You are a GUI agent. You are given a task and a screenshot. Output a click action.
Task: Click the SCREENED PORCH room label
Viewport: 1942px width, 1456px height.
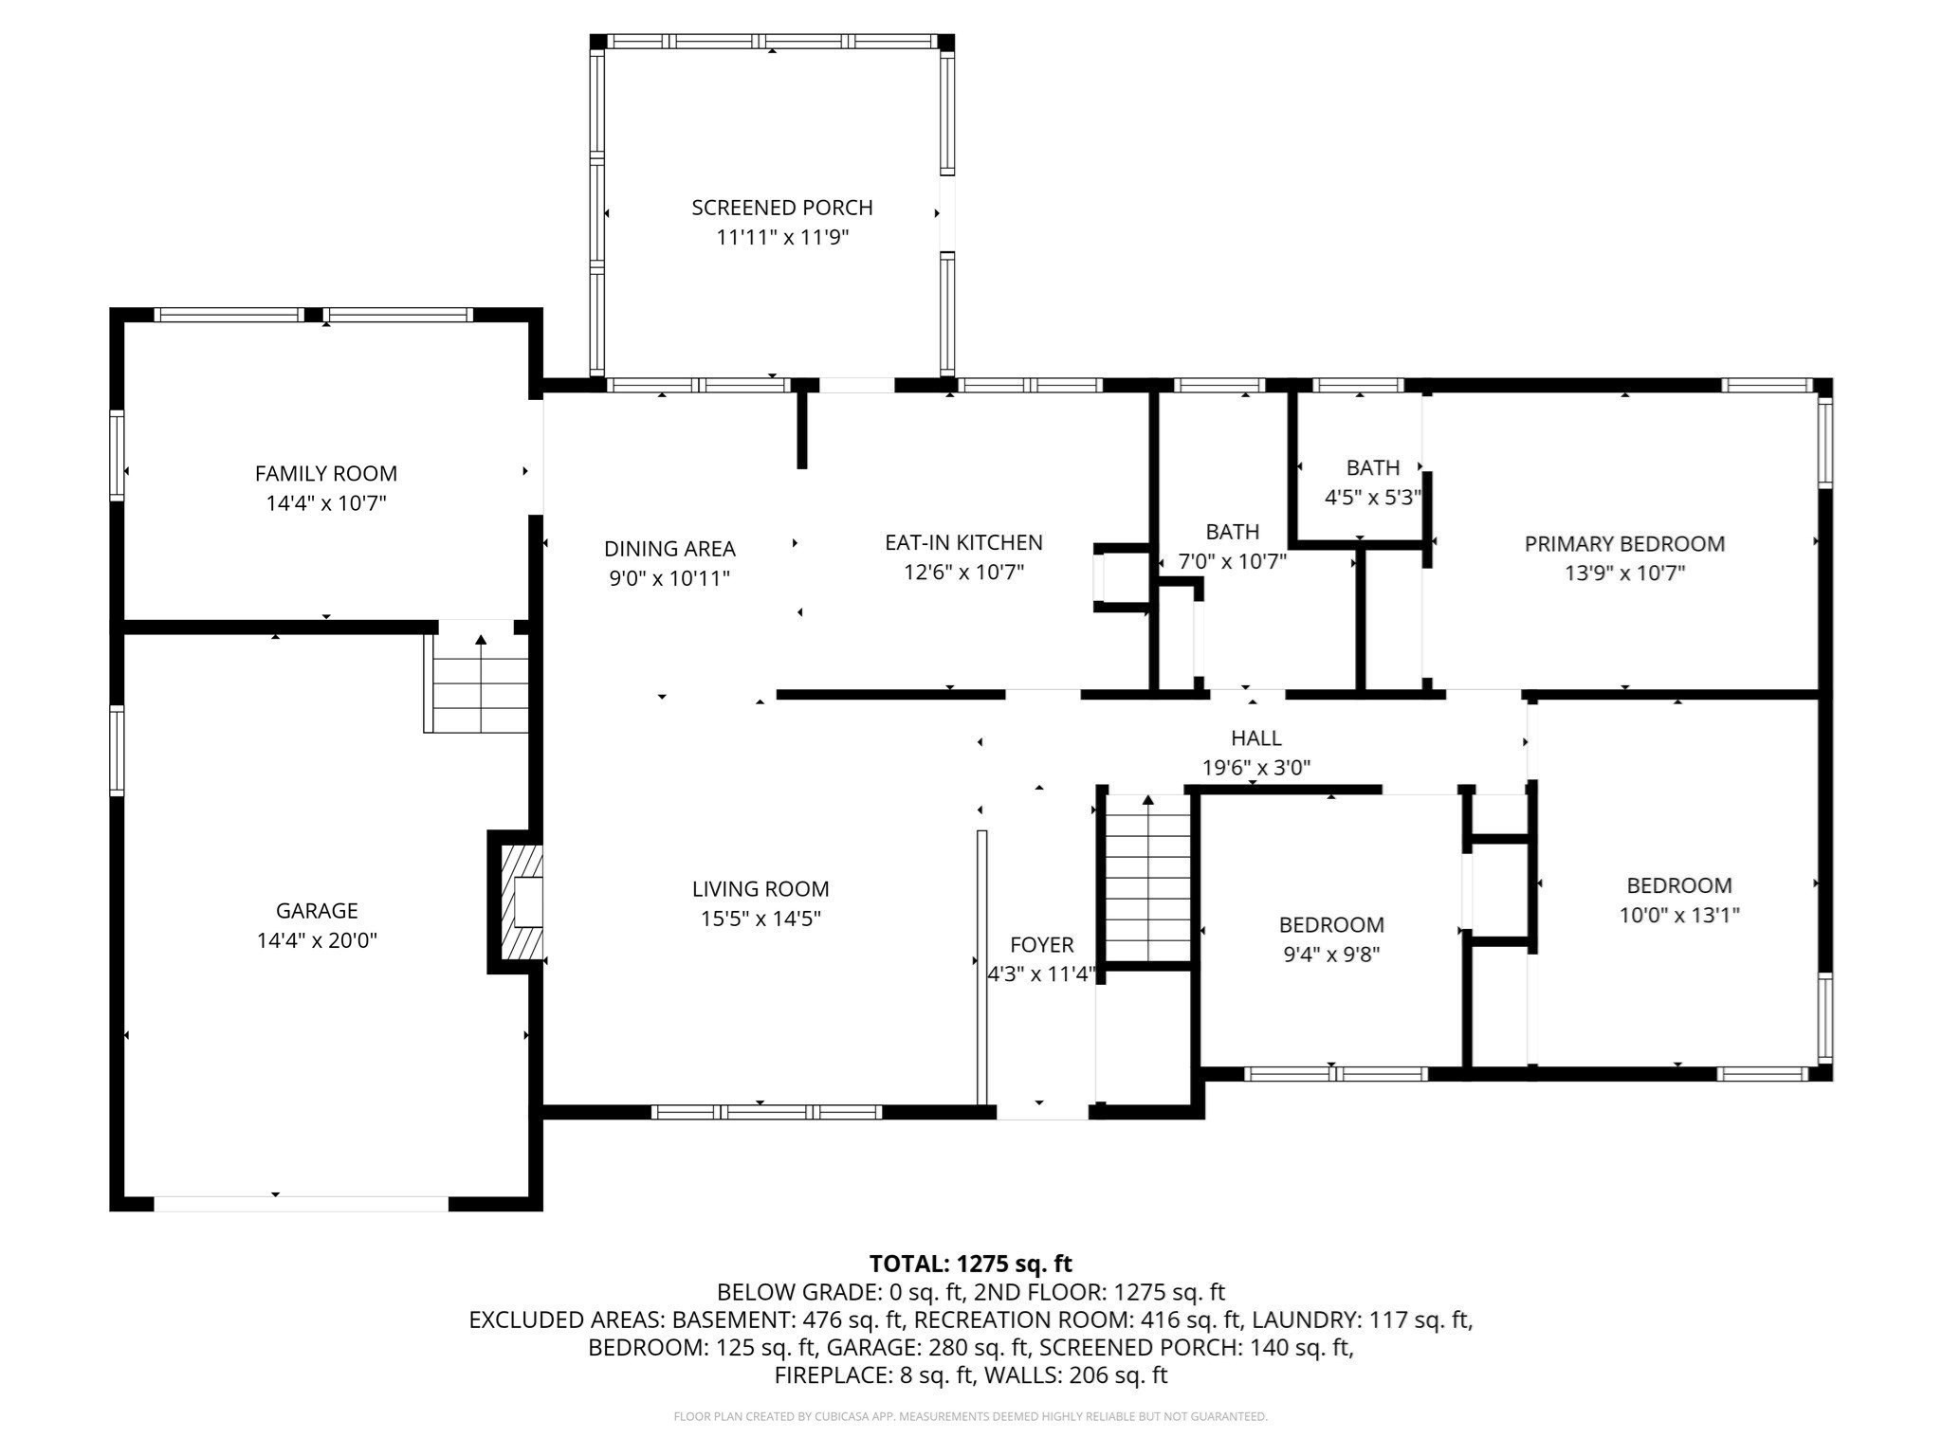pyautogui.click(x=781, y=208)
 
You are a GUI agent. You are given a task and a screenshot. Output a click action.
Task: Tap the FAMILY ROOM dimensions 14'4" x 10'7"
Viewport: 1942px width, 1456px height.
pyautogui.click(x=325, y=503)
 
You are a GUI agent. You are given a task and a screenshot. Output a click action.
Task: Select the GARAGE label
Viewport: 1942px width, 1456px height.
pyautogui.click(x=317, y=911)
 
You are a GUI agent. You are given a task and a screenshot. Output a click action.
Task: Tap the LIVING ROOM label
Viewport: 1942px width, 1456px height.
pyautogui.click(x=760, y=889)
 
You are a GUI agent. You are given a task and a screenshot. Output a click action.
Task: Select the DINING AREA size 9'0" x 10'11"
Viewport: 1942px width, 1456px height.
pyautogui.click(x=669, y=578)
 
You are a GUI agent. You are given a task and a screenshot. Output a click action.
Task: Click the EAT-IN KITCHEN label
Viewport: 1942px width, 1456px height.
pyautogui.click(x=963, y=543)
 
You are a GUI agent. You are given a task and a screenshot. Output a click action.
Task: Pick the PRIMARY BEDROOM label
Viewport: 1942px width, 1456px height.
pyautogui.click(x=1623, y=544)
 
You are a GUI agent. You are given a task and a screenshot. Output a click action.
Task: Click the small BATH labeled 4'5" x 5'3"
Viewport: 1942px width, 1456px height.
pyautogui.click(x=1372, y=482)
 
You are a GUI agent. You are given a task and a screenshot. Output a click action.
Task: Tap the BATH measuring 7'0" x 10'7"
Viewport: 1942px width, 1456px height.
pyautogui.click(x=1232, y=547)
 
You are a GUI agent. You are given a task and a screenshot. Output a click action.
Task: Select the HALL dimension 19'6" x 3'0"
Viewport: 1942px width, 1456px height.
pyautogui.click(x=1256, y=768)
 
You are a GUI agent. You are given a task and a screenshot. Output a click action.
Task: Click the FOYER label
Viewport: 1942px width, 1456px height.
pyautogui.click(x=1041, y=945)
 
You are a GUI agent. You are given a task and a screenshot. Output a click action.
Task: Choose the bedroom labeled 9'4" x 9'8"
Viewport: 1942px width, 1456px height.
pyautogui.click(x=1330, y=938)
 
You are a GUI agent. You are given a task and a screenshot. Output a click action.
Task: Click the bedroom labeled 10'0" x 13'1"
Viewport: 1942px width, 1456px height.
pyautogui.click(x=1678, y=900)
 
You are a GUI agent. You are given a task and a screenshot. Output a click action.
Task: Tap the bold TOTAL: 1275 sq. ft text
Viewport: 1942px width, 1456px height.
pyautogui.click(x=970, y=1264)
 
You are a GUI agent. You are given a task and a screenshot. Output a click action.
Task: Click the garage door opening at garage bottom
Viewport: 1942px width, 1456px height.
pyautogui.click(x=301, y=1204)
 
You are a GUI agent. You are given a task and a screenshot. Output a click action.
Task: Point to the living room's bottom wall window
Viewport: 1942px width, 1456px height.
pyautogui.click(x=766, y=1112)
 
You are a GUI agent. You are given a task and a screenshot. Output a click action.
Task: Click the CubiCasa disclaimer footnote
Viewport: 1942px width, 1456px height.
pyautogui.click(x=970, y=1417)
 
